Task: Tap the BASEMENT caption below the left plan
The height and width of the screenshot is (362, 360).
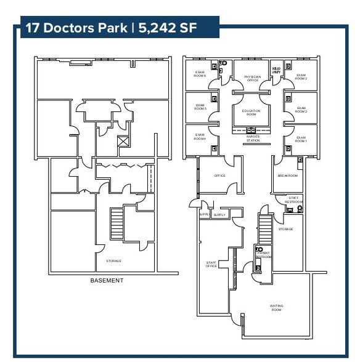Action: tap(107, 281)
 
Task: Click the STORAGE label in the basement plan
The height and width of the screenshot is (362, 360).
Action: tap(113, 261)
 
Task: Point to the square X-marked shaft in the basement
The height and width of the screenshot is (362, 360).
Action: tap(123, 142)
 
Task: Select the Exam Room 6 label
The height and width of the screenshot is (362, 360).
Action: tap(200, 74)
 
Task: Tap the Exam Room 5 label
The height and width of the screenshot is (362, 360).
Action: tap(200, 108)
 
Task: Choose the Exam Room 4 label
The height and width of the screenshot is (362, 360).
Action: tap(200, 136)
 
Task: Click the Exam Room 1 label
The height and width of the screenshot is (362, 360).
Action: tap(301, 139)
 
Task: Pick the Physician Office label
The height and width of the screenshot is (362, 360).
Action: tap(252, 78)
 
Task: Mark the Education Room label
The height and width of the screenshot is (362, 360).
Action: tap(252, 112)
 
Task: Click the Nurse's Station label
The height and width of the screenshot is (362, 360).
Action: tap(253, 139)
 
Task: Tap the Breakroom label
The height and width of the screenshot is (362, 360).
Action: tap(287, 175)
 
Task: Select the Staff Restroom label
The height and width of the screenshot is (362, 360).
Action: tap(294, 199)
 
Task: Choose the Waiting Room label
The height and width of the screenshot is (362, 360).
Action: tap(276, 307)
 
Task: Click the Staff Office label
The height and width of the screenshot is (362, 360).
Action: tap(211, 264)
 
